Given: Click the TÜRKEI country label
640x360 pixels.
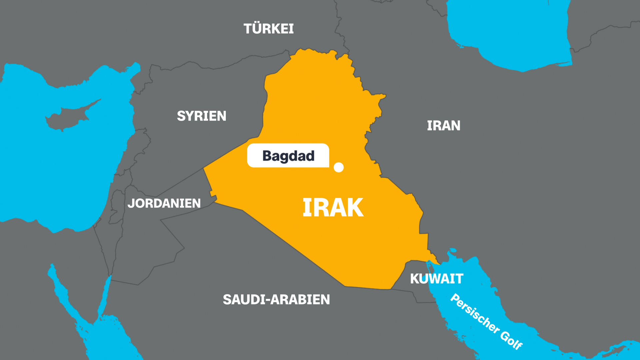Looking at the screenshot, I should pyautogui.click(x=269, y=29).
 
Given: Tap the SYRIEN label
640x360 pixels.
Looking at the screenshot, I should pyautogui.click(x=201, y=116).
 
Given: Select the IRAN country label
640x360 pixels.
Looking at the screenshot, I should pyautogui.click(x=444, y=126).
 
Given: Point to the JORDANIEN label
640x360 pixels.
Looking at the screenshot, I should pyautogui.click(x=164, y=203).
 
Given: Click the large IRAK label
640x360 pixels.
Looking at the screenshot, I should pyautogui.click(x=333, y=208).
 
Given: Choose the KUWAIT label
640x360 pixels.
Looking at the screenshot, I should pyautogui.click(x=436, y=279).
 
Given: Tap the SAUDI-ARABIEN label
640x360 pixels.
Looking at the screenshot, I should pyautogui.click(x=276, y=299).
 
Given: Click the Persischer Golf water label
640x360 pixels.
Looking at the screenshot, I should pyautogui.click(x=486, y=321).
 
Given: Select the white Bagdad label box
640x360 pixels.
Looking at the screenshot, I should pyautogui.click(x=288, y=155).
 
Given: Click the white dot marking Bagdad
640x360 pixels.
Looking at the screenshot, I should pyautogui.click(x=339, y=167).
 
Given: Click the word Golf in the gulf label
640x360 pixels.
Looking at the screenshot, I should pyautogui.click(x=511, y=340).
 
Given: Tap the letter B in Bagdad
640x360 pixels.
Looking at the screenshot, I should pyautogui.click(x=267, y=156).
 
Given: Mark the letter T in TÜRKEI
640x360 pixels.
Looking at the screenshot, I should pyautogui.click(x=248, y=29).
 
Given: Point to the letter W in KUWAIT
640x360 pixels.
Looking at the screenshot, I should pyautogui.click(x=434, y=279).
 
